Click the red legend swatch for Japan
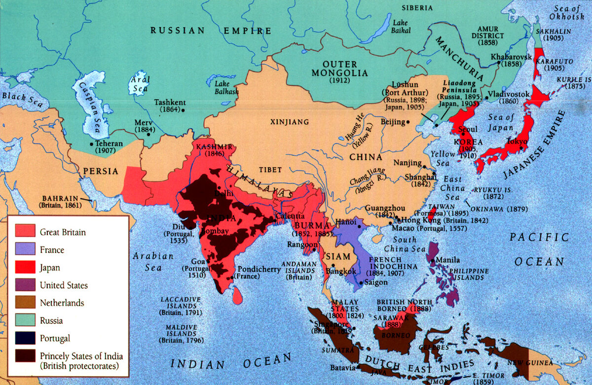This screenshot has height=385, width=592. [x=25, y=267]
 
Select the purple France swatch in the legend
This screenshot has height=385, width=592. [x=25, y=249]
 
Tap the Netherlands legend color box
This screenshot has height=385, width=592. [x=25, y=303]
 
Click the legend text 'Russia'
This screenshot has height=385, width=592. [x=51, y=320]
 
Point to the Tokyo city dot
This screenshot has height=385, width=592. [x=521, y=147]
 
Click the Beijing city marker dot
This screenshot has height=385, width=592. [x=408, y=122]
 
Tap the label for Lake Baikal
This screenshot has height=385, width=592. [x=401, y=27]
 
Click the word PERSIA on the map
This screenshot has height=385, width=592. [x=100, y=172]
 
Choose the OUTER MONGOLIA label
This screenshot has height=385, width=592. [x=345, y=69]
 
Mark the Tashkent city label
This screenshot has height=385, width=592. [x=170, y=103]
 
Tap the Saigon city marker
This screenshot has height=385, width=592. [x=362, y=283]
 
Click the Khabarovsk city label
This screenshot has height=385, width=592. [x=512, y=57]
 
